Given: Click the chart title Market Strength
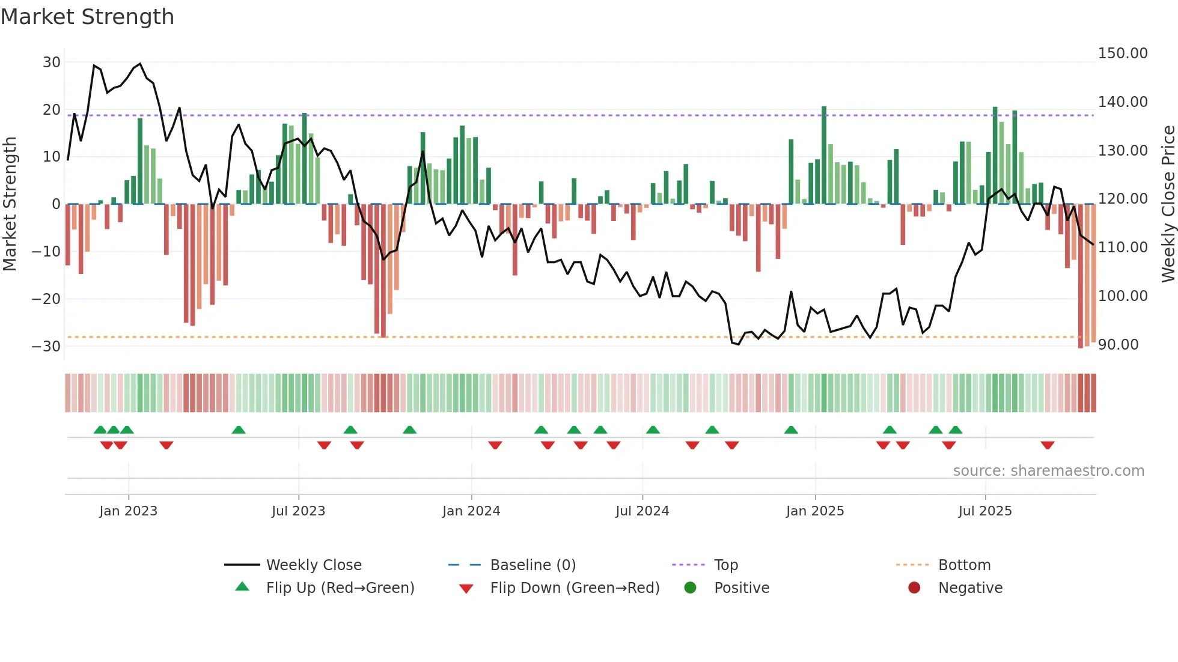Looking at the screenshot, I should (x=87, y=17).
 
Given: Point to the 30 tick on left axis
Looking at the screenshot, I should (x=52, y=62).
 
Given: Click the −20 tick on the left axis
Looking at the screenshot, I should (x=46, y=299).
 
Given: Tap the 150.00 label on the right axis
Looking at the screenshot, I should (x=1122, y=53).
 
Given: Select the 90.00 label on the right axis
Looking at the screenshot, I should (x=1118, y=345).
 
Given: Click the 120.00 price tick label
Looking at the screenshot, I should (x=1122, y=199).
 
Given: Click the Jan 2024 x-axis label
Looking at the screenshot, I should (x=471, y=511).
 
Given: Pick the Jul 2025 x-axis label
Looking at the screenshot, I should (x=985, y=511).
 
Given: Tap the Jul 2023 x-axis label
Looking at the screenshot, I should (x=298, y=511).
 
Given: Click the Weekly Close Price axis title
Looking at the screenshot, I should (x=1168, y=204).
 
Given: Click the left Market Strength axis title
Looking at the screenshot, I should (x=10, y=204).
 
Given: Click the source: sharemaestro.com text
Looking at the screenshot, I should (x=1048, y=471).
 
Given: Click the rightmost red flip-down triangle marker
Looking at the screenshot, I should (x=1048, y=445).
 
